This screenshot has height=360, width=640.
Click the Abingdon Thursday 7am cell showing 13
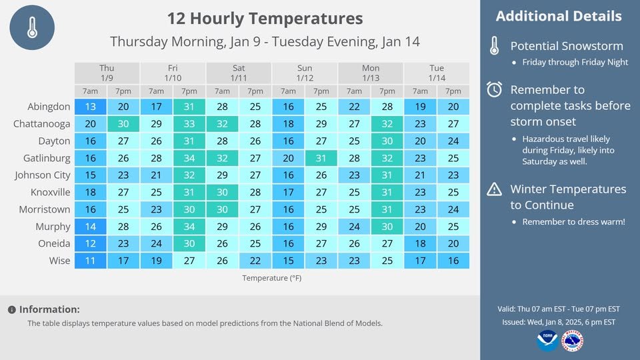[x=90, y=107]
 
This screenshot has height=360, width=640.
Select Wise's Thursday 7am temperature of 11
[x=90, y=261]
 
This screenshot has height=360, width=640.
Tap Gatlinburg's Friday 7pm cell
[x=189, y=158]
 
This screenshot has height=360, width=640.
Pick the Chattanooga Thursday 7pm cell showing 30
[x=123, y=124]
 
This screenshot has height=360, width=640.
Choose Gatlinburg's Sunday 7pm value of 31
[x=321, y=158]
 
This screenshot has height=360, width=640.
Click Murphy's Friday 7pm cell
[x=189, y=227]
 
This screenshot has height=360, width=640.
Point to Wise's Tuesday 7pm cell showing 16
[x=453, y=261]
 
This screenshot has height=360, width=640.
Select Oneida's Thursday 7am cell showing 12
[x=90, y=243]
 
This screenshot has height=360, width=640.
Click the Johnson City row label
[x=43, y=175]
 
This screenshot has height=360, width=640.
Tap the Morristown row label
[x=45, y=209]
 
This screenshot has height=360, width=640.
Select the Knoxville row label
[x=50, y=192]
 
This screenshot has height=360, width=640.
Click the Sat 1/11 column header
[x=239, y=73]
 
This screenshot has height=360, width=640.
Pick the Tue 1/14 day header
[x=437, y=73]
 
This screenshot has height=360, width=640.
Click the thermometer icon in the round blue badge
[x=32, y=28]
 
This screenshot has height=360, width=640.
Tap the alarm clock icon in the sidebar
[x=494, y=89]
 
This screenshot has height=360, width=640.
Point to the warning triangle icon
[x=494, y=189]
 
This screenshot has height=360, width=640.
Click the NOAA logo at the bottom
[x=547, y=341]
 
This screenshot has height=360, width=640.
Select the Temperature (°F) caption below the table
[x=272, y=278]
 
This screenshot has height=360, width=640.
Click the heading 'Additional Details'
[x=559, y=16]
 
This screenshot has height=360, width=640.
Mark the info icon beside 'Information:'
[x=12, y=310]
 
